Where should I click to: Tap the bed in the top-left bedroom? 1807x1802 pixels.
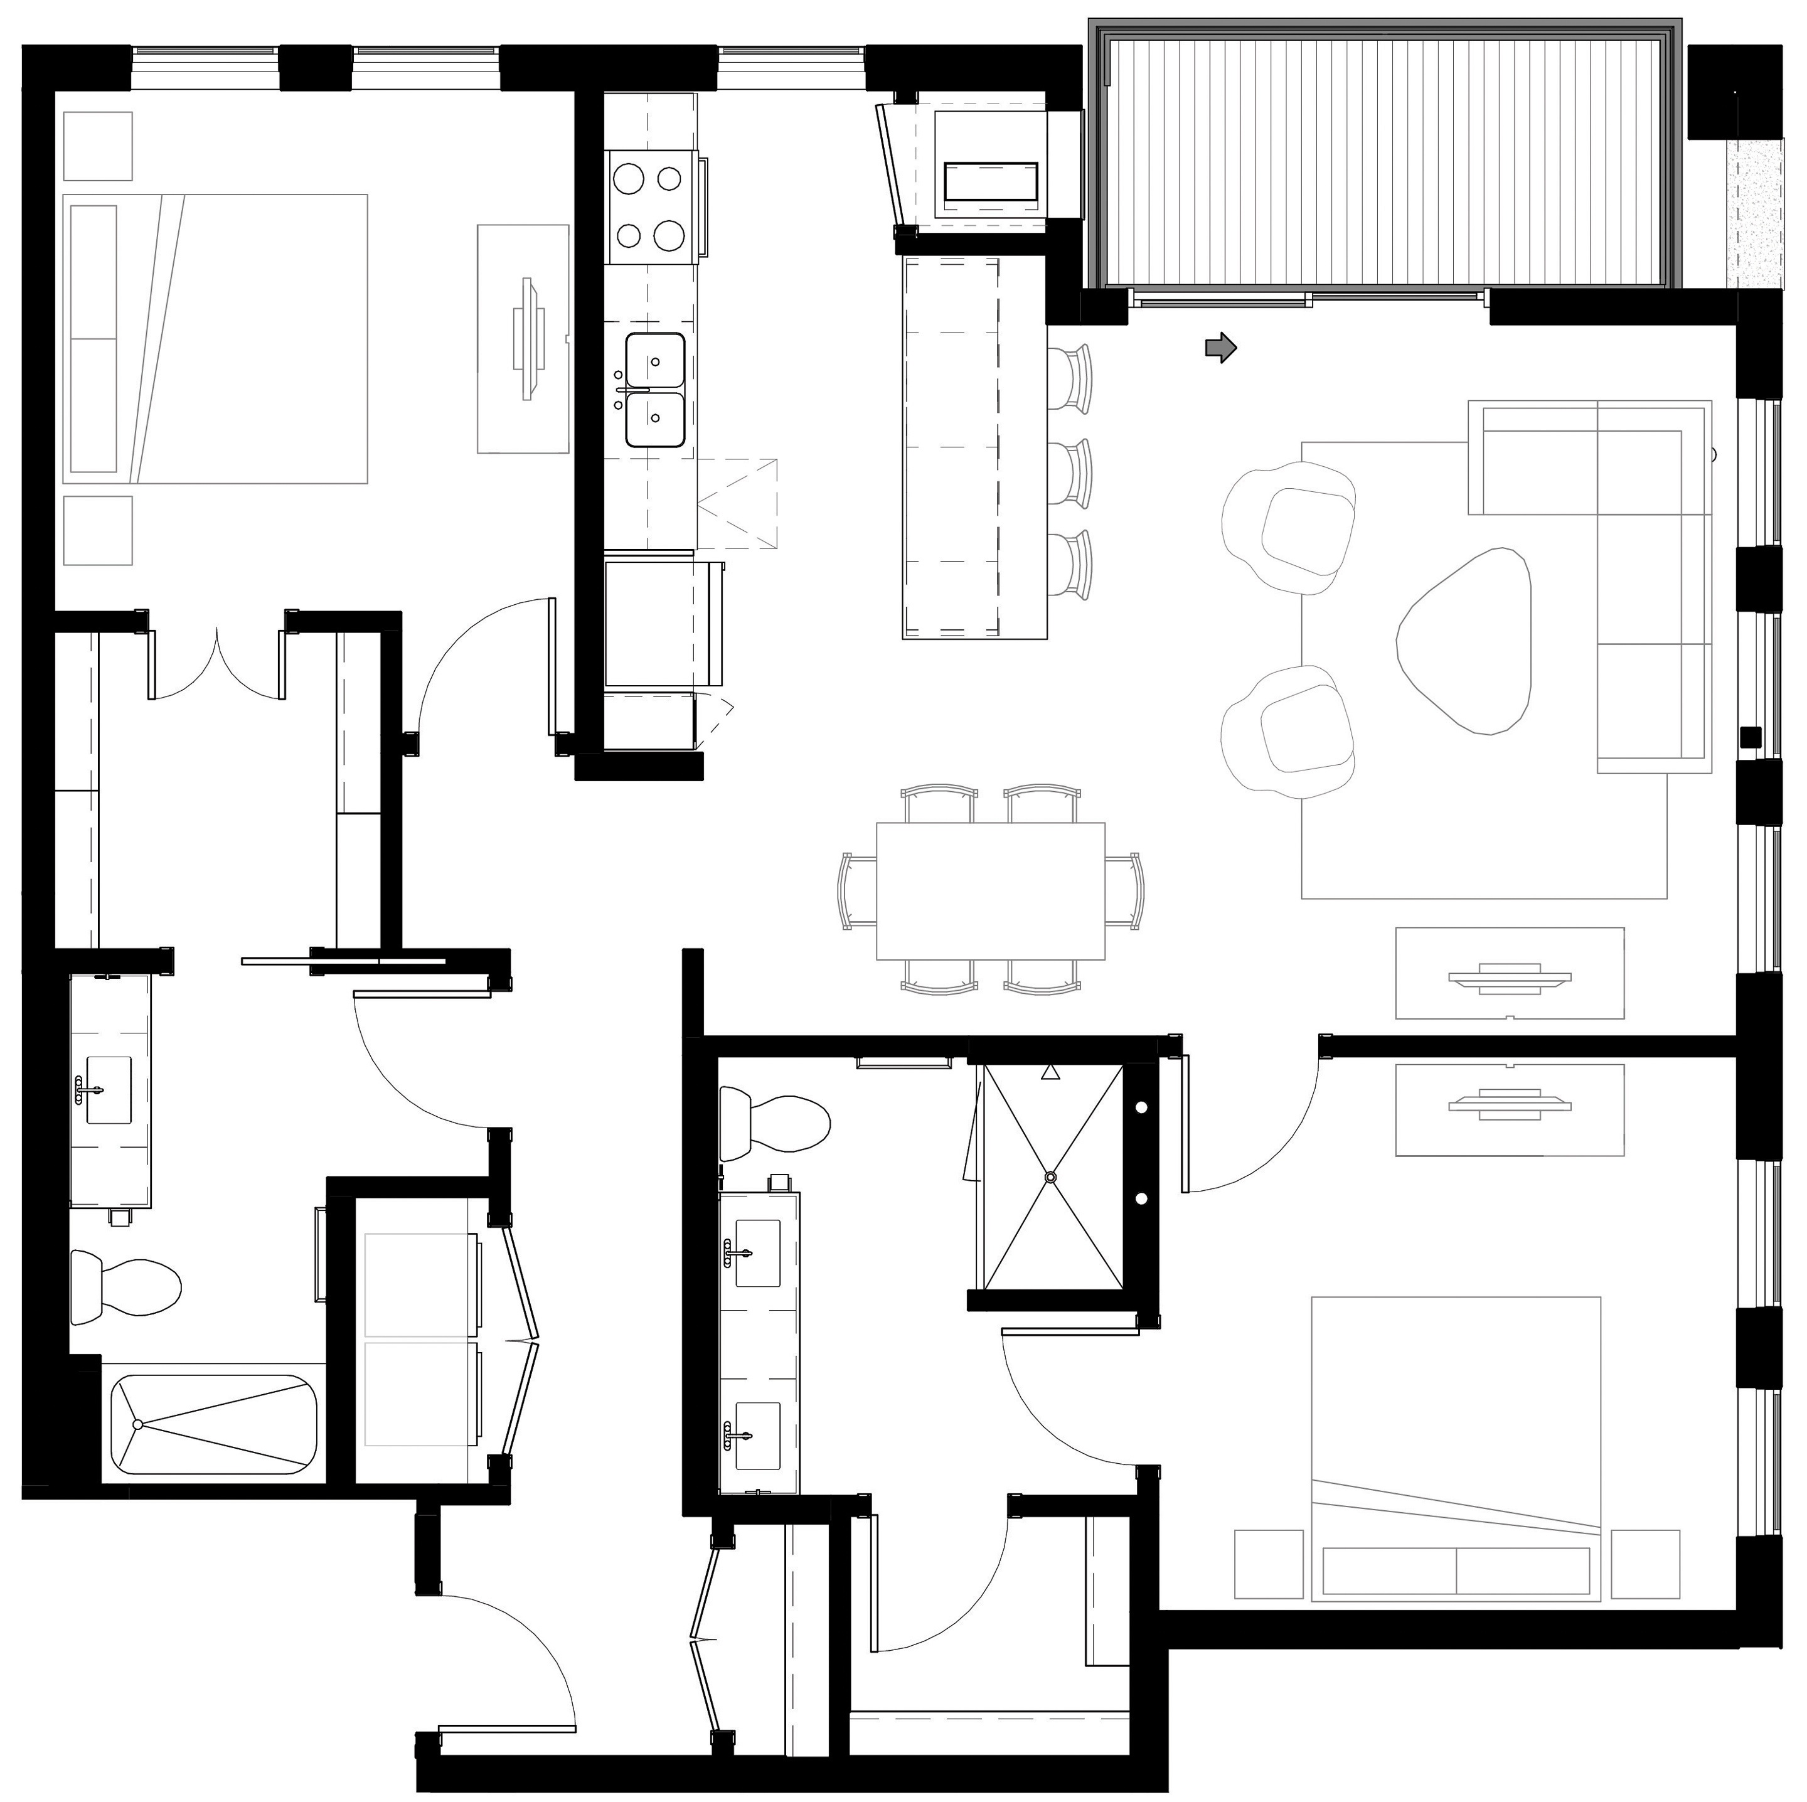(215, 339)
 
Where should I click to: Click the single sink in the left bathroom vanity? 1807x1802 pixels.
(109, 1090)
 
